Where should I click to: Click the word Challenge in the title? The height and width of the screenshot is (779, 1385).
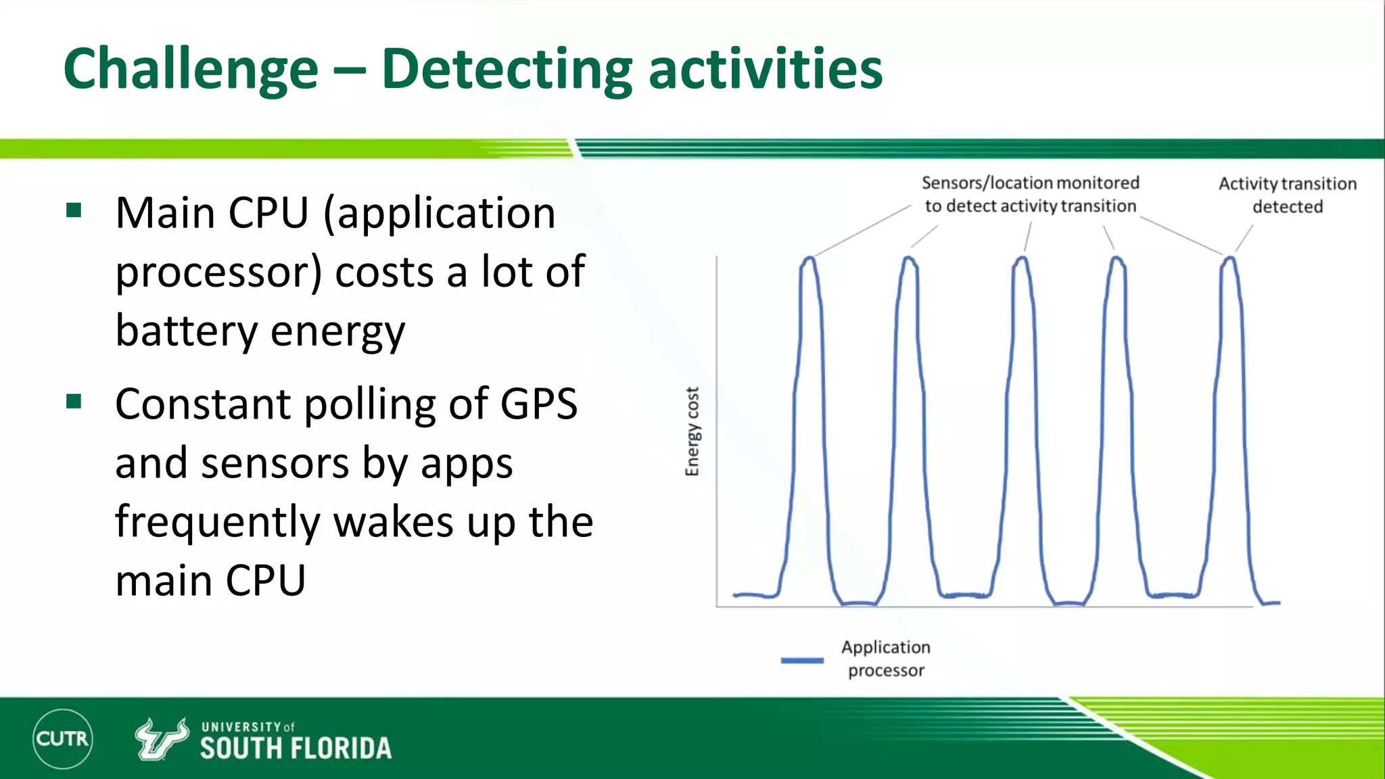191,70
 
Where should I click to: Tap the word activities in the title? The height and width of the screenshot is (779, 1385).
766,70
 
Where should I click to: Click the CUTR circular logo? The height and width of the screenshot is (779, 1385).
62,738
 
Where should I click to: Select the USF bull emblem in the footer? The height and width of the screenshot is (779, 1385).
161,738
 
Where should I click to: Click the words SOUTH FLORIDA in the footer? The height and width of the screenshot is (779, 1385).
296,749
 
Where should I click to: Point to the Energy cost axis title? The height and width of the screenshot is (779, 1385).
692,431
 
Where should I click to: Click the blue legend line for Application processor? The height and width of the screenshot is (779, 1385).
802,660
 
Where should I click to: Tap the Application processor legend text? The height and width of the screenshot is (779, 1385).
886,659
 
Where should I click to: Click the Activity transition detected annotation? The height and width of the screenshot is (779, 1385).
1287,195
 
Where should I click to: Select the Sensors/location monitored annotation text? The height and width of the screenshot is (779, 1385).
1030,194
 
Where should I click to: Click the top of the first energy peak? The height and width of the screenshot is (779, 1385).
809,258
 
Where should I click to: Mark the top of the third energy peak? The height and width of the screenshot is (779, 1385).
1022,258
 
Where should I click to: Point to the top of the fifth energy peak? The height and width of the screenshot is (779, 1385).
1230,258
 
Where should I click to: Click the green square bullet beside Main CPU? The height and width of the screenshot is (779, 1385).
74,210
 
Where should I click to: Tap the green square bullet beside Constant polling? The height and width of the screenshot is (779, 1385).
74,402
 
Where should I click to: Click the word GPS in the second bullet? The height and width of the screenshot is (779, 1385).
538,404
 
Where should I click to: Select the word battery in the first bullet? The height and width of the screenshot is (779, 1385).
186,331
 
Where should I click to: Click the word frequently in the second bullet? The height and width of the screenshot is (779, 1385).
217,523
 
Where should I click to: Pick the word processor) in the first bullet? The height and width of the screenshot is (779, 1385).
218,273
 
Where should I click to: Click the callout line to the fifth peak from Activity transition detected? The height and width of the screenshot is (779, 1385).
1244,238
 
